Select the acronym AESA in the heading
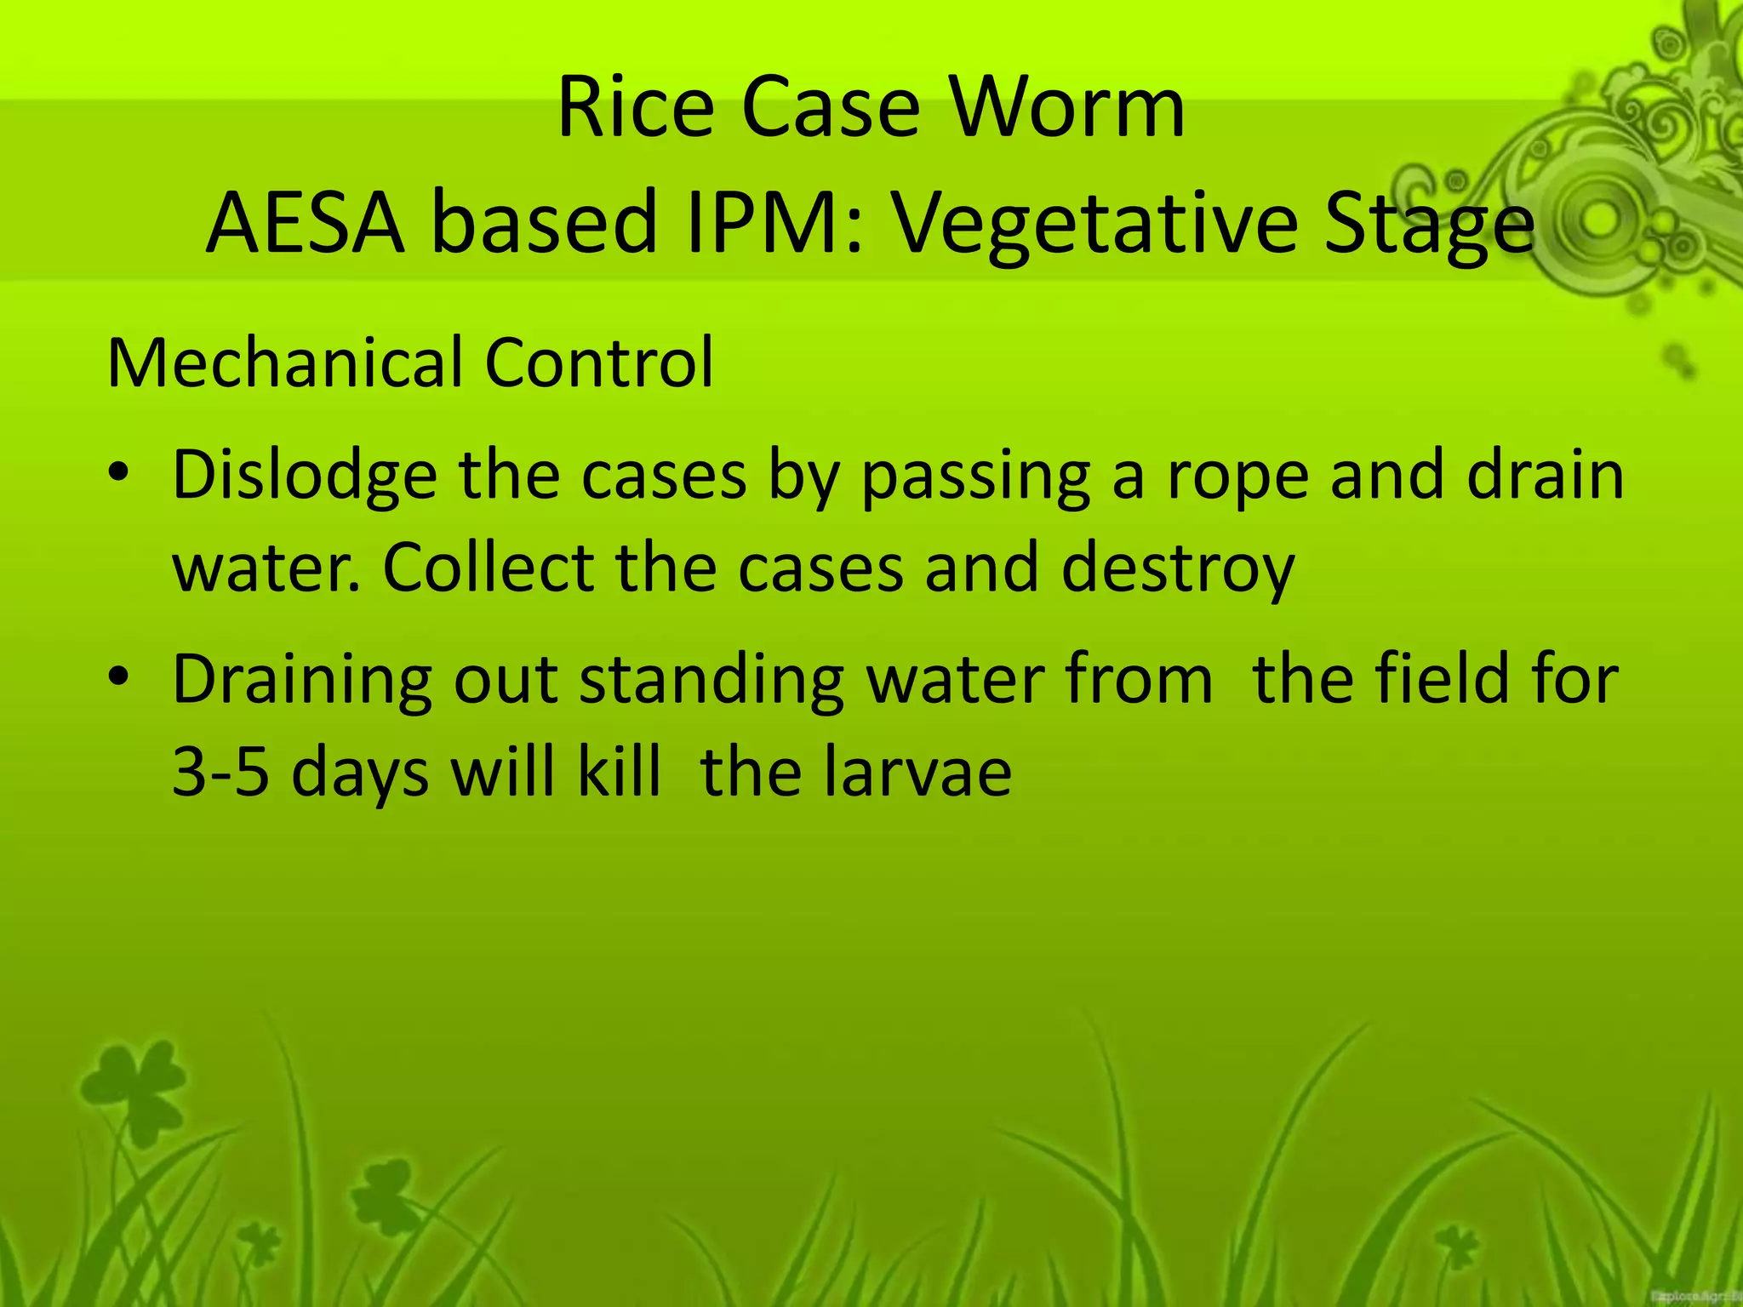click(x=305, y=223)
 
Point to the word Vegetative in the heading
click(x=1094, y=223)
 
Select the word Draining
click(x=302, y=681)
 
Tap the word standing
click(x=711, y=681)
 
